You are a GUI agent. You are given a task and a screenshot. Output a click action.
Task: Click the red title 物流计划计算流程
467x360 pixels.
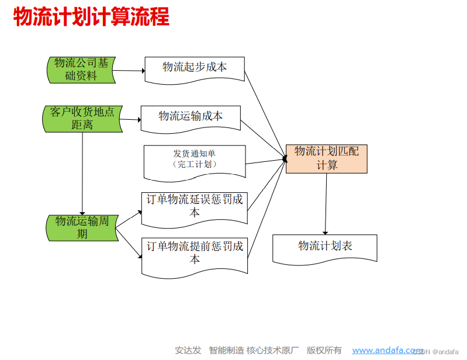[91, 18]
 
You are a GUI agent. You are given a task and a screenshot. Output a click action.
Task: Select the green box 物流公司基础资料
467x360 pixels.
[81, 70]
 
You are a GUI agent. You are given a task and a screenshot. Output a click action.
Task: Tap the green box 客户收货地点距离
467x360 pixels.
[82, 118]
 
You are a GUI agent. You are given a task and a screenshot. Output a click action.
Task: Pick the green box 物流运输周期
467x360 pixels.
[82, 227]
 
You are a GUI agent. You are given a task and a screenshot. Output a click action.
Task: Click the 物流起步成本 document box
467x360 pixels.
[194, 68]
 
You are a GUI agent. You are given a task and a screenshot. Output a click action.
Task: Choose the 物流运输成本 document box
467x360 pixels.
[191, 117]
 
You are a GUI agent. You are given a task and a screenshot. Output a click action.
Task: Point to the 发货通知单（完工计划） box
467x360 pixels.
[194, 160]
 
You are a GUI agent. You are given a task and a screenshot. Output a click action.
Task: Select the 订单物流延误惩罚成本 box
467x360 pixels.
[194, 206]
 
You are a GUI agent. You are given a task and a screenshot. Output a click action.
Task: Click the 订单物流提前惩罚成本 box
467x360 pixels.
[194, 254]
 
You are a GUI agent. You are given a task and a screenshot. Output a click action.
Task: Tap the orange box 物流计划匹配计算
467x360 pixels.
[326, 158]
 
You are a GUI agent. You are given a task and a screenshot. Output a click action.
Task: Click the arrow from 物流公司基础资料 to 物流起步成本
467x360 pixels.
[129, 71]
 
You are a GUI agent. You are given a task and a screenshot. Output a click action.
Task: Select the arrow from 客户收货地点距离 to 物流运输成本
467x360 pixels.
[130, 120]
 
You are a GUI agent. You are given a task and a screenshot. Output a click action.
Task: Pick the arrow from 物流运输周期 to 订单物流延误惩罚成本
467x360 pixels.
[130, 217]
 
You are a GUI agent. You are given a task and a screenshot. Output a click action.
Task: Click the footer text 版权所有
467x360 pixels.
[324, 350]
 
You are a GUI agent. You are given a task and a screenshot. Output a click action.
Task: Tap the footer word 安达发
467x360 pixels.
[188, 350]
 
